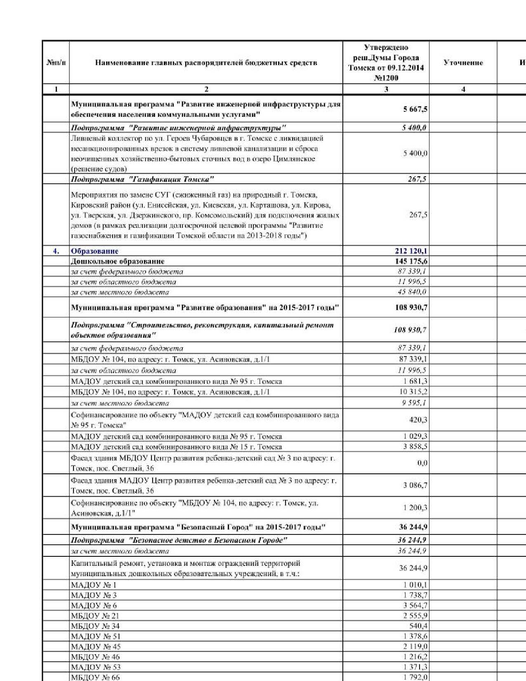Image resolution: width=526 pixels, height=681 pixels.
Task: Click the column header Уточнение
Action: pos(463,63)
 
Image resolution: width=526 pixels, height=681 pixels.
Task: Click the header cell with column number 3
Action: pos(386,89)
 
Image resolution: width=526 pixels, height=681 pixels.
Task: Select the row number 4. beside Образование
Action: pos(56,251)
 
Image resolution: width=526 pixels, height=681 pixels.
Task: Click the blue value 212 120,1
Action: pos(411,251)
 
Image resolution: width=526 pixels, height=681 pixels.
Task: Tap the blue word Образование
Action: pos(94,251)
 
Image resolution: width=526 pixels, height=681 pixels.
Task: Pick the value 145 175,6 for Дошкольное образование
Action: pos(411,261)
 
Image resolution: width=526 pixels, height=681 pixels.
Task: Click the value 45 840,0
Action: pos(412,292)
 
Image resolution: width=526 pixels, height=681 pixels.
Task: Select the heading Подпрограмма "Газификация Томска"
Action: pos(142,179)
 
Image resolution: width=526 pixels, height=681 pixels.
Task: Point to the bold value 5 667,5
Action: pos(415,109)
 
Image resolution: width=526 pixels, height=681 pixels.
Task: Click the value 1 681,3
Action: pos(415,381)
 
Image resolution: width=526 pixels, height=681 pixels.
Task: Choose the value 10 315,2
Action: pos(413,392)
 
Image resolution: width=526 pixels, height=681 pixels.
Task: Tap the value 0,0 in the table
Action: pos(422,463)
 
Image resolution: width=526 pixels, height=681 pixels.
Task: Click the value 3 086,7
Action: pos(415,485)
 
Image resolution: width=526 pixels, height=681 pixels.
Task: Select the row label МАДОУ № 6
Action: pos(94,605)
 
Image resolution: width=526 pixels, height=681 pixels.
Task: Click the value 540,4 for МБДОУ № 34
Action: pos(418,626)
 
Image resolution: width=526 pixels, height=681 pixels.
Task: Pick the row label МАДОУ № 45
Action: pos(96,647)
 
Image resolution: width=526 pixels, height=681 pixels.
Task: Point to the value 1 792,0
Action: pos(415,677)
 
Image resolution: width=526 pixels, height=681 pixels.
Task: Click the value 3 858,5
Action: pos(415,447)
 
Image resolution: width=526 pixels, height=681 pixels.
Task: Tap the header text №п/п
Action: pos(56,63)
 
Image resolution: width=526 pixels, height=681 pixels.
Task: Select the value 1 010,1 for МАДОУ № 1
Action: pos(415,585)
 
